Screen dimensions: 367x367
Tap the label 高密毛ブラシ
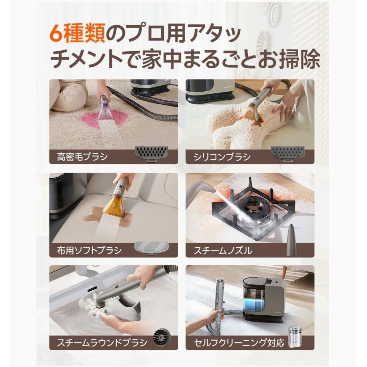click(x=82, y=156)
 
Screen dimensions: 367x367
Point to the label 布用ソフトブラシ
click(x=89, y=250)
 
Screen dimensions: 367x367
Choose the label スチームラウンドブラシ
click(x=102, y=343)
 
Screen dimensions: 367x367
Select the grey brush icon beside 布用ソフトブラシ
click(x=151, y=248)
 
